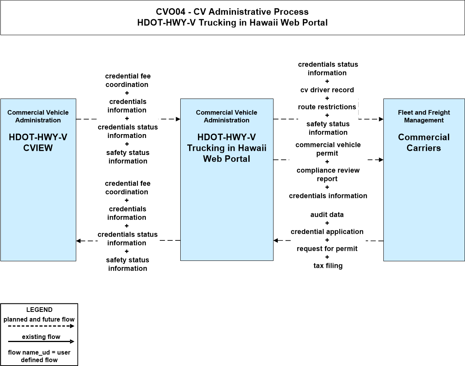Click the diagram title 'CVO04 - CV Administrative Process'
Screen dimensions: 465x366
coord(232,12)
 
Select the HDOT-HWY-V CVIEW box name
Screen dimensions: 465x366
coord(38,143)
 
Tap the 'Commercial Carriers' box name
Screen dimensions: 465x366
coord(424,143)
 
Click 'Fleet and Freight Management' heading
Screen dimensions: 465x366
coord(424,116)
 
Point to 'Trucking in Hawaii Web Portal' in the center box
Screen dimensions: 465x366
coord(227,153)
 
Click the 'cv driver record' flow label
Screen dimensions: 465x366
coord(327,90)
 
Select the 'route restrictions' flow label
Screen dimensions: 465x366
coord(327,107)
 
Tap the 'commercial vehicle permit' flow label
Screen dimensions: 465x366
coord(328,149)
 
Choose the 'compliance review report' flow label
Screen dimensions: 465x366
coord(328,174)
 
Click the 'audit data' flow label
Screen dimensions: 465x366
coord(327,214)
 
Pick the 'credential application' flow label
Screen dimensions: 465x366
coord(327,232)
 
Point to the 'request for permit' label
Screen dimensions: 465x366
coord(327,249)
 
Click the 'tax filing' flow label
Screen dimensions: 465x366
coord(328,266)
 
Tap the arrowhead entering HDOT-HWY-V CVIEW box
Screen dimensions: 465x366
coord(79,241)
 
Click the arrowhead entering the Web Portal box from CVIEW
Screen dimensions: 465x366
coord(178,119)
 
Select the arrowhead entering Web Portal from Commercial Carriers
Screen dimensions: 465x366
coord(276,240)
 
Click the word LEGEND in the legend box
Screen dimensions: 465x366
coord(39,310)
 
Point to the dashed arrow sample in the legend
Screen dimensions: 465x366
coord(41,326)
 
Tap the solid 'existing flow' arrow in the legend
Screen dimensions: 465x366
coord(41,341)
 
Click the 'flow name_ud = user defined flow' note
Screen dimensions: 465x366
coord(39,356)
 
